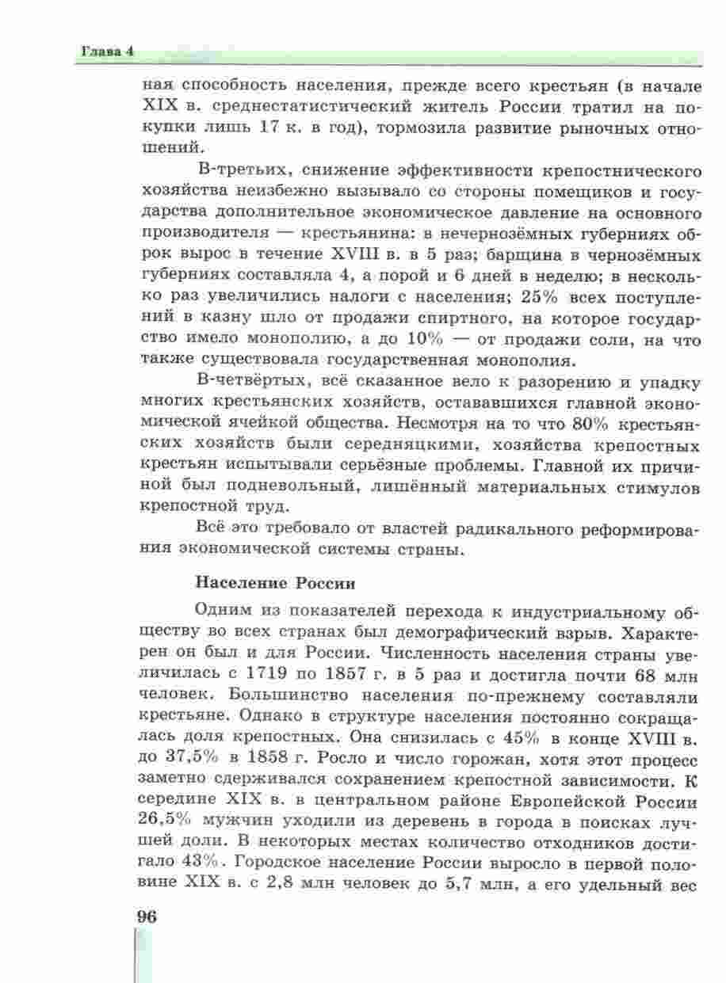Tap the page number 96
tap(147, 916)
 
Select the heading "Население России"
tap(274, 585)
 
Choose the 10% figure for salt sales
tap(429, 341)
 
